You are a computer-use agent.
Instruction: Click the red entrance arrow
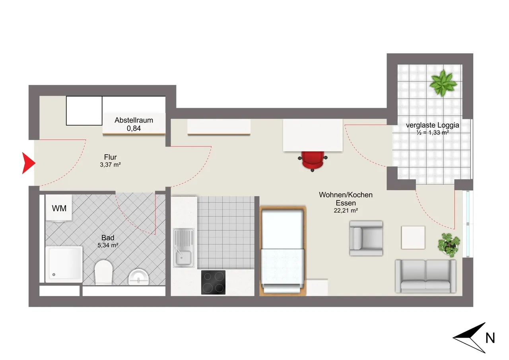tap(28, 163)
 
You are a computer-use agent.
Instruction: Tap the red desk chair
tap(313, 160)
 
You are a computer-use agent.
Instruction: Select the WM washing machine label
tap(59, 208)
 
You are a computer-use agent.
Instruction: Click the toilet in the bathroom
tap(104, 272)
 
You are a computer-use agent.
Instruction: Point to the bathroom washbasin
tap(138, 277)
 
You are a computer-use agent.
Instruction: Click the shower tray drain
tap(54, 274)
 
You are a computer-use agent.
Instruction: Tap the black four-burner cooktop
tap(213, 282)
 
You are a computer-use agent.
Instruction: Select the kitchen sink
tap(184, 247)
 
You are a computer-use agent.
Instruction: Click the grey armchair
tap(366, 238)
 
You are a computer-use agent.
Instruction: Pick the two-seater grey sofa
tap(425, 276)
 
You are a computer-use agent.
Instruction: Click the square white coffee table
tap(413, 237)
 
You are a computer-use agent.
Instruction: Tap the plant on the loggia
tap(443, 83)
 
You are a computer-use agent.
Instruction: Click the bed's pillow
tap(282, 229)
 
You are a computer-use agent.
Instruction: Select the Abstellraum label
tap(134, 120)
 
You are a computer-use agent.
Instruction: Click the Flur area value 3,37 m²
tap(110, 165)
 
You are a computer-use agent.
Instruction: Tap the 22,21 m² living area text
tap(346, 210)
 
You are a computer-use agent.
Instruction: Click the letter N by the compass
tap(490, 338)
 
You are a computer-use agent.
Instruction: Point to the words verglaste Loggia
tap(432, 125)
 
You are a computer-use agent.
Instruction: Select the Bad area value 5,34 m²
tap(108, 245)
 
